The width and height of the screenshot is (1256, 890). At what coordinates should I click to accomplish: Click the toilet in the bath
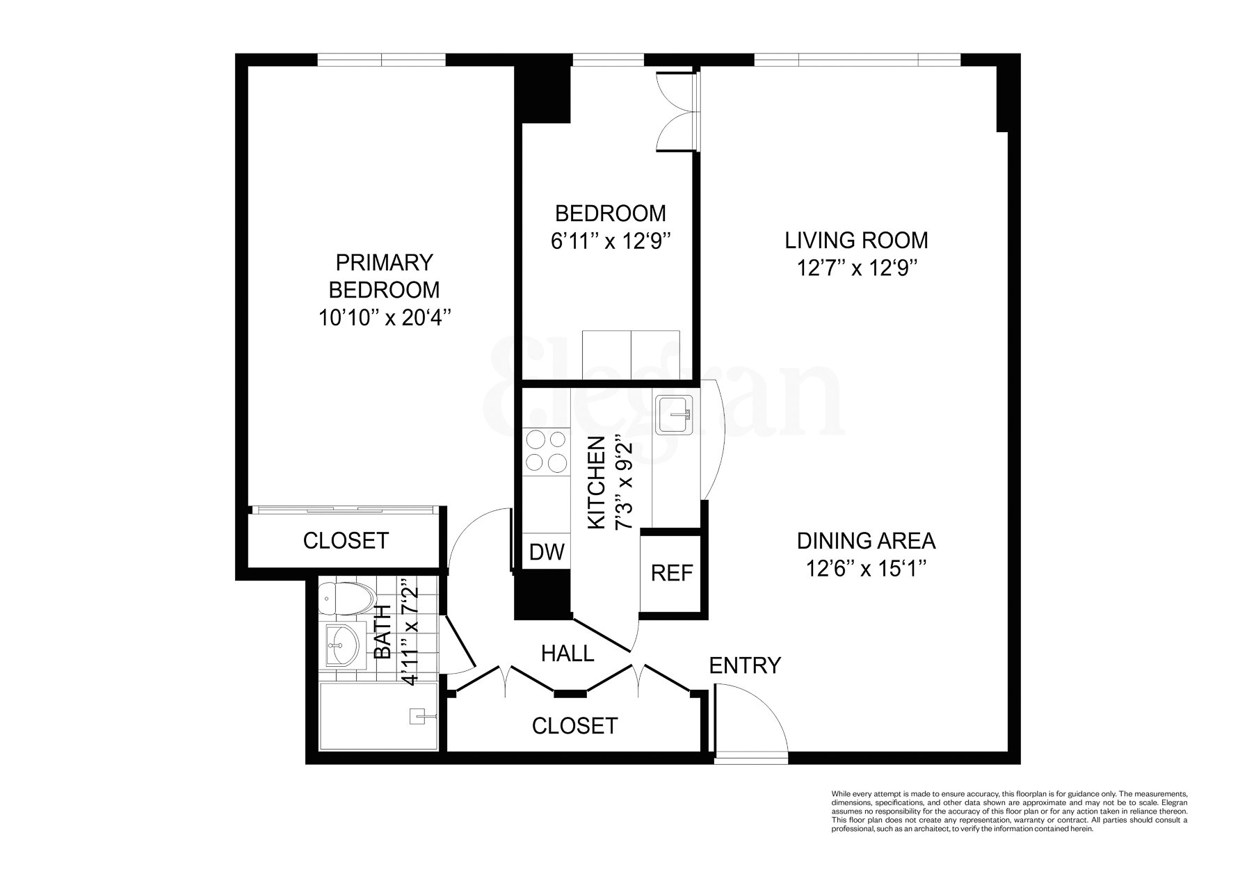click(x=344, y=598)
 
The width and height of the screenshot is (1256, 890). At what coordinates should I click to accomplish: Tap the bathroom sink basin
click(x=341, y=643)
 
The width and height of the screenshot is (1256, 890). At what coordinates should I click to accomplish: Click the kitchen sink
click(x=673, y=415)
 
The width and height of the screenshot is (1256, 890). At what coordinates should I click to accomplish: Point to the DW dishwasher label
click(x=547, y=552)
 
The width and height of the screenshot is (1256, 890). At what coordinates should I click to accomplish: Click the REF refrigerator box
click(x=671, y=573)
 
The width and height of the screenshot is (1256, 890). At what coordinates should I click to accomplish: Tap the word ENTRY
click(x=745, y=665)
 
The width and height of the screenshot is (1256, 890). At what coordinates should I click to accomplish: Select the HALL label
click(x=567, y=654)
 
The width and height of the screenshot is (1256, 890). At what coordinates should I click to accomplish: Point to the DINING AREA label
click(x=866, y=541)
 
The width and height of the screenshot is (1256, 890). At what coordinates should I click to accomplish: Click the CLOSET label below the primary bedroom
click(x=346, y=541)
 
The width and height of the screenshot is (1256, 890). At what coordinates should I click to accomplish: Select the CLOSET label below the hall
click(x=574, y=726)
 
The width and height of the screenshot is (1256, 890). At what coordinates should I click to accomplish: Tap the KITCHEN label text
click(x=597, y=483)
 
